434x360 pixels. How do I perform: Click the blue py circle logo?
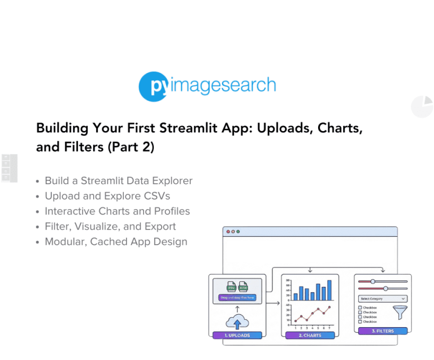tap(153, 86)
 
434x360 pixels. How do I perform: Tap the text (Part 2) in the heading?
tap(131, 147)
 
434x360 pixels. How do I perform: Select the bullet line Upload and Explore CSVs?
tap(107, 196)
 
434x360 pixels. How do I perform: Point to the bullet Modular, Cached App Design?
tap(116, 242)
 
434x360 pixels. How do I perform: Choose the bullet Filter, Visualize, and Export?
tap(110, 227)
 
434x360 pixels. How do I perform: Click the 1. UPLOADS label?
tap(237, 335)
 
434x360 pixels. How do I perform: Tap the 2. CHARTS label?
tap(310, 335)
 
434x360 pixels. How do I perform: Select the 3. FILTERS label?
tap(383, 331)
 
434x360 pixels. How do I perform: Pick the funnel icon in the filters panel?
tap(400, 313)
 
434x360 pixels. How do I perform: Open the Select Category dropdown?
tap(383, 298)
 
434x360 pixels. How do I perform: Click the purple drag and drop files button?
tap(237, 297)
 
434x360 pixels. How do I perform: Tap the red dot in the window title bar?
tap(228, 232)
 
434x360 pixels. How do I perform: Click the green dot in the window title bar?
tap(238, 232)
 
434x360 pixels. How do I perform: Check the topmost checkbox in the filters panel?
tap(360, 308)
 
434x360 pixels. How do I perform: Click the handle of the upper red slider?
tap(372, 281)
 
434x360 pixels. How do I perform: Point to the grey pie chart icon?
tap(422, 106)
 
